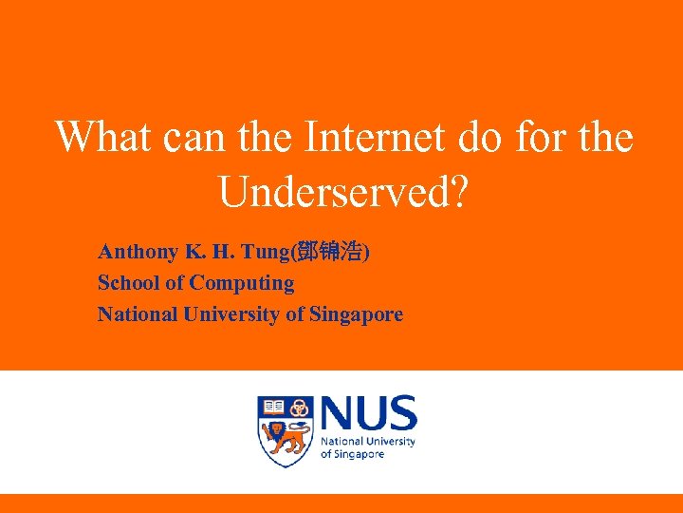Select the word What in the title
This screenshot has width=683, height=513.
click(104, 138)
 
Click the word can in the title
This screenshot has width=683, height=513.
click(195, 138)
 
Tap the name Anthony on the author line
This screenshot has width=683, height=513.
click(138, 252)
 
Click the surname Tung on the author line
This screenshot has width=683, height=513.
click(267, 252)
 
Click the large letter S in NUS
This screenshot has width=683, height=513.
click(400, 414)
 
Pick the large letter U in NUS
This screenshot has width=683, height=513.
click(368, 414)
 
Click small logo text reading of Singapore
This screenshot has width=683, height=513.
click(352, 454)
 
